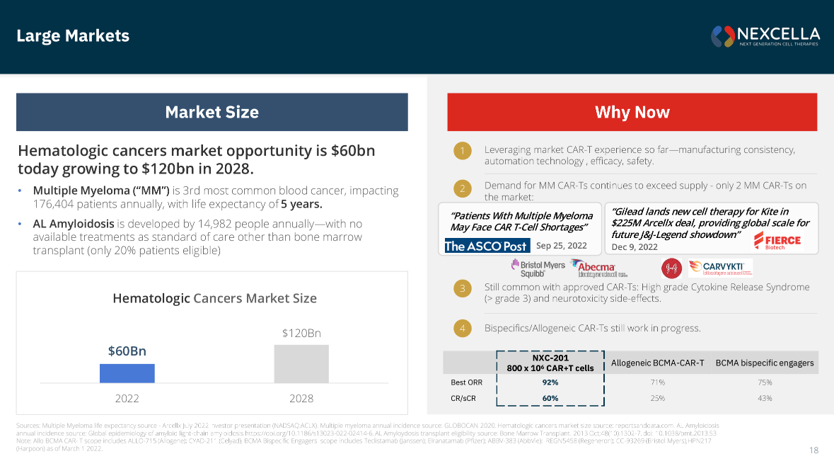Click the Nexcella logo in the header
pos(765,36)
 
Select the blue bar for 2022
pos(127,373)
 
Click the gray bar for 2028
pos(301,364)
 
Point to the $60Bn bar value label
pos(127,351)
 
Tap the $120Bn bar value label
pos(301,333)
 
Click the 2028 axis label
pos(301,398)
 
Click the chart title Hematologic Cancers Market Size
pos(214,298)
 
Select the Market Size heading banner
pos(212,112)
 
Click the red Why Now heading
pos(632,112)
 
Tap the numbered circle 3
pos(462,288)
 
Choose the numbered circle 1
pos(462,151)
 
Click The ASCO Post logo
pos(485,246)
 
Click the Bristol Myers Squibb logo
pos(538,268)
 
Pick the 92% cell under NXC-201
pos(550,382)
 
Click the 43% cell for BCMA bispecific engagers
pos(764,398)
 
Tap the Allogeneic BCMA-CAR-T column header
pos(657,363)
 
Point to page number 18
pos(813,450)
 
